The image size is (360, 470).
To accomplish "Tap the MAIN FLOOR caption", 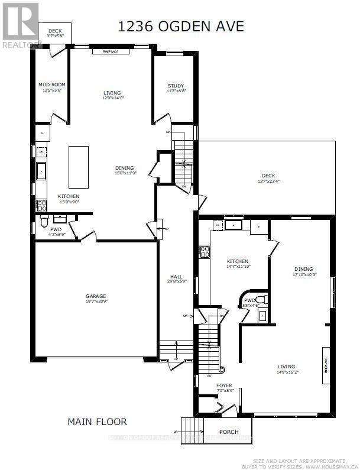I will coord(97,422).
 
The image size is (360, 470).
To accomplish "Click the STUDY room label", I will coord(176,86).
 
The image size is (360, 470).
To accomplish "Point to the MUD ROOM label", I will coord(50,85).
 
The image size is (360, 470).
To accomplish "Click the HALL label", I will coord(176,276).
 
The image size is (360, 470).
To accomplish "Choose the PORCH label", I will coord(228,432).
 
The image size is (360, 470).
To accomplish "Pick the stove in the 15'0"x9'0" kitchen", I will coord(42,206).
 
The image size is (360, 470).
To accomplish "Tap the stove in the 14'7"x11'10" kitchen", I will coord(205,252).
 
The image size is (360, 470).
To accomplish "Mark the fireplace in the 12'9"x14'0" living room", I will coord(111,52).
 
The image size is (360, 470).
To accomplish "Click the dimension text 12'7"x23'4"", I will coord(269,182).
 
